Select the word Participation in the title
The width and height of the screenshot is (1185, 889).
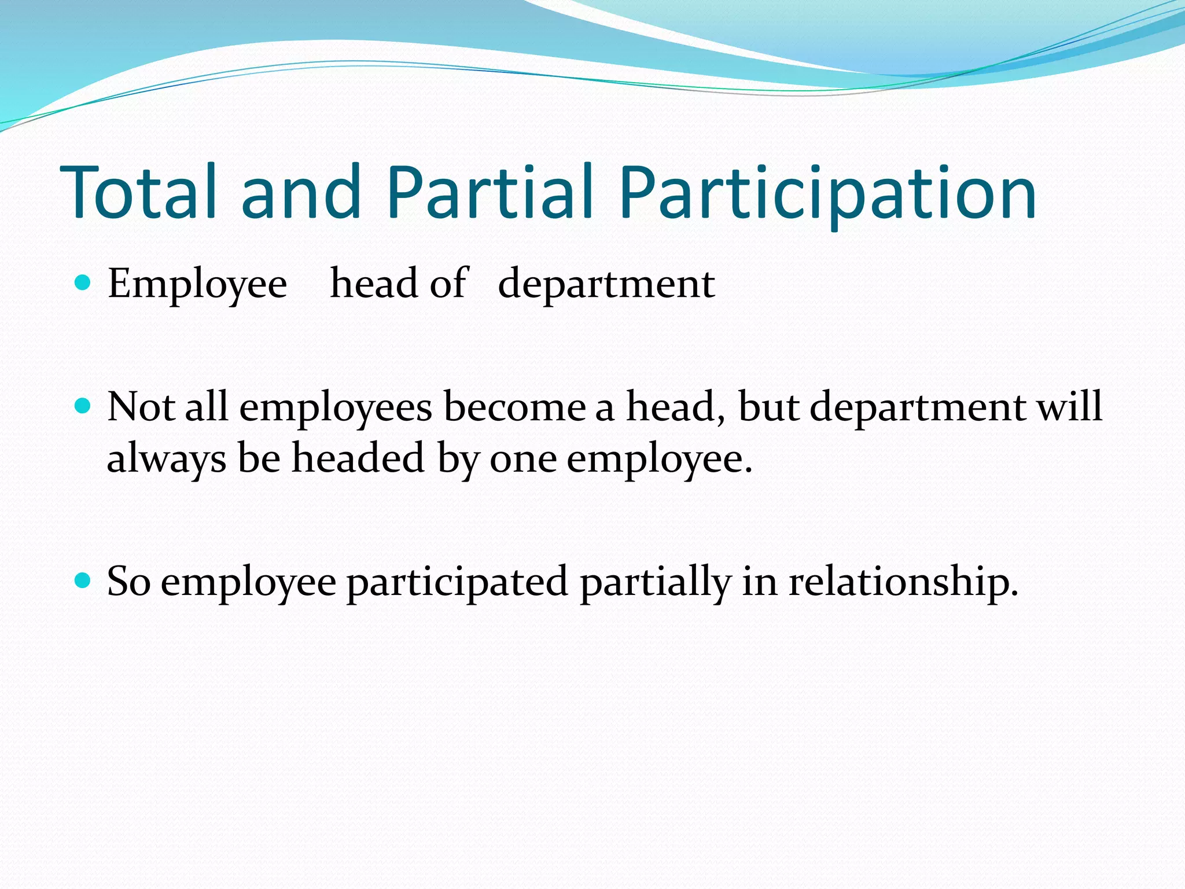(827, 194)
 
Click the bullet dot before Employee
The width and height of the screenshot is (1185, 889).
(83, 283)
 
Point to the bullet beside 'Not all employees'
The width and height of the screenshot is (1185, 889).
(83, 406)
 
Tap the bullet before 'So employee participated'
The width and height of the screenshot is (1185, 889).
(83, 580)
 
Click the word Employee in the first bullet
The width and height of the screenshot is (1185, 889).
(197, 285)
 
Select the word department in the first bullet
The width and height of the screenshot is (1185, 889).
(606, 285)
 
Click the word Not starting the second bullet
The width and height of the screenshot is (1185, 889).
(141, 406)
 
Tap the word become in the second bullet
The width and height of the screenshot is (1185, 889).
(514, 406)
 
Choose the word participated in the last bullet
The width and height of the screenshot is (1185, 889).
(457, 582)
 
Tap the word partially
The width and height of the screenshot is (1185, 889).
(655, 582)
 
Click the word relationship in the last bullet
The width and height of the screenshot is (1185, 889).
(903, 582)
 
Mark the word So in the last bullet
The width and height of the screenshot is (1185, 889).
(128, 581)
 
